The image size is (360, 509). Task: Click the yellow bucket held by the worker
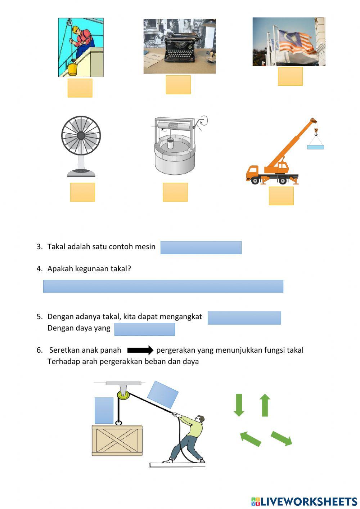72,68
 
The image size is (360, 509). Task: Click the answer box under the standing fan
82,192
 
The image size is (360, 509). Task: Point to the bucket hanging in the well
170,143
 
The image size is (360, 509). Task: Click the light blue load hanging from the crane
315,147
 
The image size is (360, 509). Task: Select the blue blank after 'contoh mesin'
201,247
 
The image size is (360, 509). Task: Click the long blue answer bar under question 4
163,286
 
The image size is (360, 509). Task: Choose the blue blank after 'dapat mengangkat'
244,318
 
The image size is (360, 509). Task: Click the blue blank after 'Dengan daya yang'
144,329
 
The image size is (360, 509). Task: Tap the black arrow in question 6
140,350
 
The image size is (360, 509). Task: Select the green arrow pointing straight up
265,405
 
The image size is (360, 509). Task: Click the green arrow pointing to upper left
250,438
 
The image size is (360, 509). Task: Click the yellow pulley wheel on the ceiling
123,394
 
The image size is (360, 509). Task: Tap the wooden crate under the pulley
117,441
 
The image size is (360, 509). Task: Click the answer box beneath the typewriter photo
178,85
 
